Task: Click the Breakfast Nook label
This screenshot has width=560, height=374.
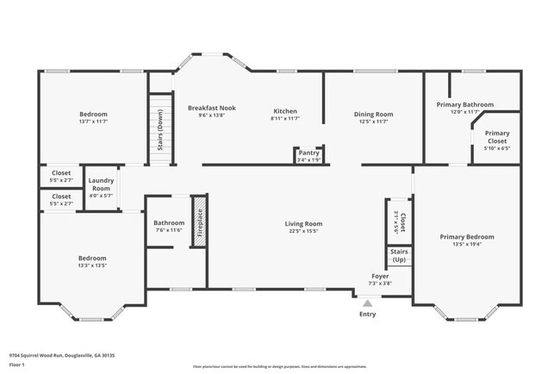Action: [212, 108]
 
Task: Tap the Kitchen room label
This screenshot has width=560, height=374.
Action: [285, 111]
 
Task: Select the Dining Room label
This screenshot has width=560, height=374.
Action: [373, 114]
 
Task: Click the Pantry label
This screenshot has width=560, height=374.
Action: [308, 153]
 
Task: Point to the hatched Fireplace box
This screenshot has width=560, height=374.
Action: [197, 222]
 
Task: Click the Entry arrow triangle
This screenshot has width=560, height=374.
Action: [368, 303]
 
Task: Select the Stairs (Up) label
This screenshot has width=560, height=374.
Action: [399, 256]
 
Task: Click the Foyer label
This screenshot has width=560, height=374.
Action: [380, 276]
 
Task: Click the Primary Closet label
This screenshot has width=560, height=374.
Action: [496, 137]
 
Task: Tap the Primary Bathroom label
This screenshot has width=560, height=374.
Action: [465, 104]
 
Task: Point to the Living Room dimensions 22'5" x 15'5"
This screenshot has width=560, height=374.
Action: [303, 231]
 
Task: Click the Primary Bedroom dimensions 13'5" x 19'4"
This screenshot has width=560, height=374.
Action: [467, 244]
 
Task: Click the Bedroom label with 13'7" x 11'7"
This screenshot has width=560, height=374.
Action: [93, 115]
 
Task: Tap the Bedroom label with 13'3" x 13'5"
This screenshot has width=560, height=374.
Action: [92, 258]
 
